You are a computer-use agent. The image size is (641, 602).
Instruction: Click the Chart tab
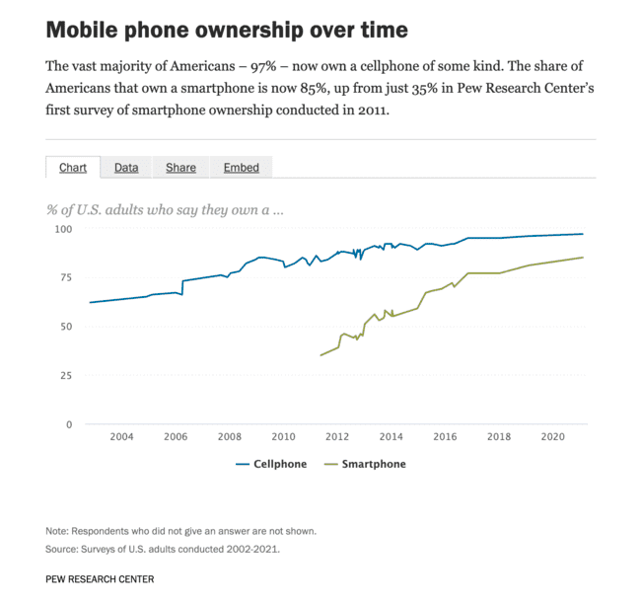coord(73,168)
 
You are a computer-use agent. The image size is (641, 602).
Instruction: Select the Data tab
coord(126,168)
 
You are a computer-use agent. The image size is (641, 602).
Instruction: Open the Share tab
coord(180,168)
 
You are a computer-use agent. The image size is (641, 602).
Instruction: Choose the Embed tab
coord(241,168)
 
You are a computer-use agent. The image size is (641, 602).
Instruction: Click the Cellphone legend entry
coord(271,464)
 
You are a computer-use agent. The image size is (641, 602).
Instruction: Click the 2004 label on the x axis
coord(121,437)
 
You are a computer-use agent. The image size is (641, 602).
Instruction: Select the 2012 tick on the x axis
coord(337,437)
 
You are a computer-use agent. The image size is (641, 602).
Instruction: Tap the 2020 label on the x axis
coord(553,437)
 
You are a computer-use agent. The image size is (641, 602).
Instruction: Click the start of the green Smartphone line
coord(320,355)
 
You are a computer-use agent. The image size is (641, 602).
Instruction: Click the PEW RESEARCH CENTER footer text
coord(100,578)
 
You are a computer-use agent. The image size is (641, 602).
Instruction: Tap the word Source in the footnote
coord(62,549)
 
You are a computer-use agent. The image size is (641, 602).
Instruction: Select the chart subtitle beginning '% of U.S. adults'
coord(165,209)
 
